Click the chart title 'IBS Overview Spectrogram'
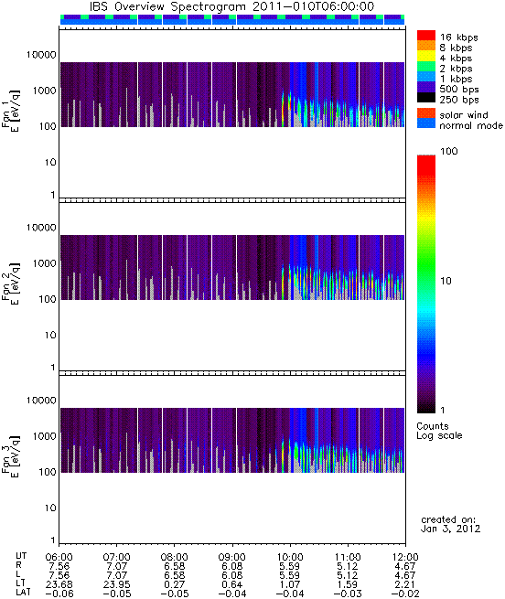tap(168, 6)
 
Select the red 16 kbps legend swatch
tap(426, 36)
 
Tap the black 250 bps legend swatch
tap(426, 98)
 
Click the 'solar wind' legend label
tap(464, 115)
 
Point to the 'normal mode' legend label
tap(471, 125)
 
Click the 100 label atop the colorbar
tap(449, 151)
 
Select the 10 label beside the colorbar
tap(446, 281)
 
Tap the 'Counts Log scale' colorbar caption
tap(439, 431)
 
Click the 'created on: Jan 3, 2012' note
tap(450, 524)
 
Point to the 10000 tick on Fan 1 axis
tap(41, 55)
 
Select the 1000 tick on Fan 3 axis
tap(44, 436)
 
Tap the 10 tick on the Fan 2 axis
tap(50, 335)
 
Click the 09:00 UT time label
tap(232, 557)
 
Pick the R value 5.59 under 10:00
tap(290, 566)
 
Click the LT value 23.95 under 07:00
tap(116, 584)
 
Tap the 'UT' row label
tap(21, 556)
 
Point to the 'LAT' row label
tap(23, 594)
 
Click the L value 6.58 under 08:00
tap(175, 575)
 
